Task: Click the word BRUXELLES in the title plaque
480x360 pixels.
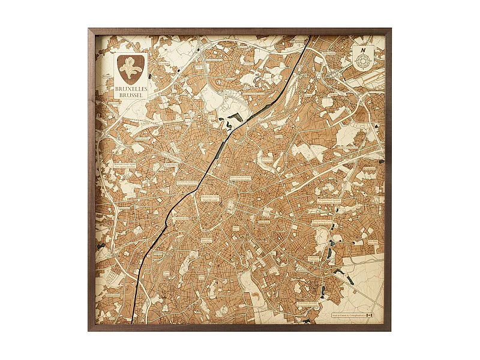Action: pyautogui.click(x=131, y=88)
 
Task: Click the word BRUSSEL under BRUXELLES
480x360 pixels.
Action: pyautogui.click(x=131, y=95)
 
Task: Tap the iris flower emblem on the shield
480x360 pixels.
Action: pyautogui.click(x=131, y=68)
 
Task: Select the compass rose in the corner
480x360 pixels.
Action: pyautogui.click(x=362, y=60)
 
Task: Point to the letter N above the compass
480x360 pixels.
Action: pyautogui.click(x=362, y=49)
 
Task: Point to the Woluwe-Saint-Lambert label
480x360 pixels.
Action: pyautogui.click(x=329, y=201)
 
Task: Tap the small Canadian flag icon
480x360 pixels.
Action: pyautogui.click(x=370, y=314)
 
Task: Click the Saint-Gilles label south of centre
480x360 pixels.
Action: pyautogui.click(x=206, y=239)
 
